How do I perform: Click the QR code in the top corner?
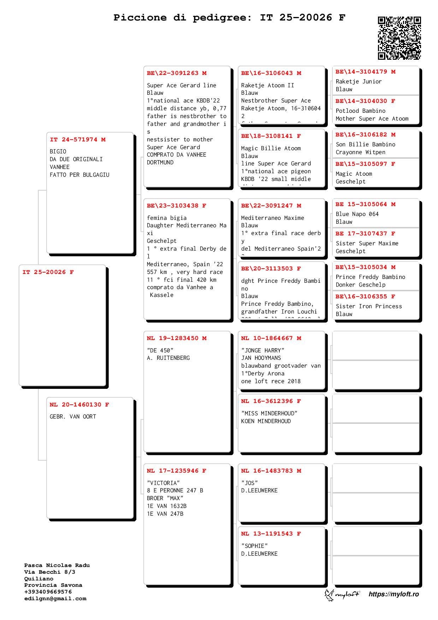tap(399, 38)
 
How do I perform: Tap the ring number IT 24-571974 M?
tap(78, 140)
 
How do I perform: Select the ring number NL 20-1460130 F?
tap(79, 405)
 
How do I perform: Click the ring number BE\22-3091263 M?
tap(177, 73)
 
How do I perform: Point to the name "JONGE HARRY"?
tap(263, 350)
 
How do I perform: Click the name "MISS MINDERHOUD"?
tap(269, 413)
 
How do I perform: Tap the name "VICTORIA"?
tap(164, 483)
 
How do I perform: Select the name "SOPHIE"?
tap(255, 546)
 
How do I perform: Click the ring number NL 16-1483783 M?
tap(271, 471)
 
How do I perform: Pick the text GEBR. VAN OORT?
tap(73, 417)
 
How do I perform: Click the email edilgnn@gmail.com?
tap(55, 598)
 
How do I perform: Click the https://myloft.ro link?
tap(393, 594)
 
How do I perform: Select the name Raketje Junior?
tap(359, 81)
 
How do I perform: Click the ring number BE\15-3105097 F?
tap(365, 164)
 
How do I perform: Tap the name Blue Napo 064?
tap(357, 214)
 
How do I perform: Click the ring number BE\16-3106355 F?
tap(365, 297)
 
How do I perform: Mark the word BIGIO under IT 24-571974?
tap(58, 151)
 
